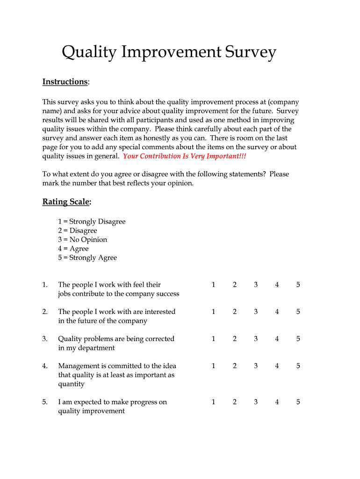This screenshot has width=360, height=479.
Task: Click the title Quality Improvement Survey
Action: point(169,52)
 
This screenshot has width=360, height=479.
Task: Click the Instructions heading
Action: point(65,82)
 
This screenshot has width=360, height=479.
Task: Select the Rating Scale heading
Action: point(66,202)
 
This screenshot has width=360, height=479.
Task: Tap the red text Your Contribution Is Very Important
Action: point(184,156)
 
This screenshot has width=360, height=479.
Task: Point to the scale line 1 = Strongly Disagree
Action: point(92,221)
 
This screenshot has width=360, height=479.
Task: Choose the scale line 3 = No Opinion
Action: point(82,239)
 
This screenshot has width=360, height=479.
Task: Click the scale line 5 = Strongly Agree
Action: point(87,257)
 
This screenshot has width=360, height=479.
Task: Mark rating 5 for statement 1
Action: point(298,284)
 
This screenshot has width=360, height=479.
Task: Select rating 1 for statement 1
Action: point(213,284)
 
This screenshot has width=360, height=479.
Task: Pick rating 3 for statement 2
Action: point(256,312)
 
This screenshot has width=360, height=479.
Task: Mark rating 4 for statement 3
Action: point(277,339)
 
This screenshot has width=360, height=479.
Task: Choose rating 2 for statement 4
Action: point(235,366)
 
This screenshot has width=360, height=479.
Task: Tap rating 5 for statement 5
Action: point(298,402)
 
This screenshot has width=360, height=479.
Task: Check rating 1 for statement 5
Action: point(213,402)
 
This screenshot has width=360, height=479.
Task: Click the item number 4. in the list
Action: point(45,366)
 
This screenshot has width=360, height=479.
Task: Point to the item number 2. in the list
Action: point(45,312)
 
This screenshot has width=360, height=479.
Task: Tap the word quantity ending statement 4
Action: point(71,384)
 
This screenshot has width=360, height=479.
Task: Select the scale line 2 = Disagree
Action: point(78,230)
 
